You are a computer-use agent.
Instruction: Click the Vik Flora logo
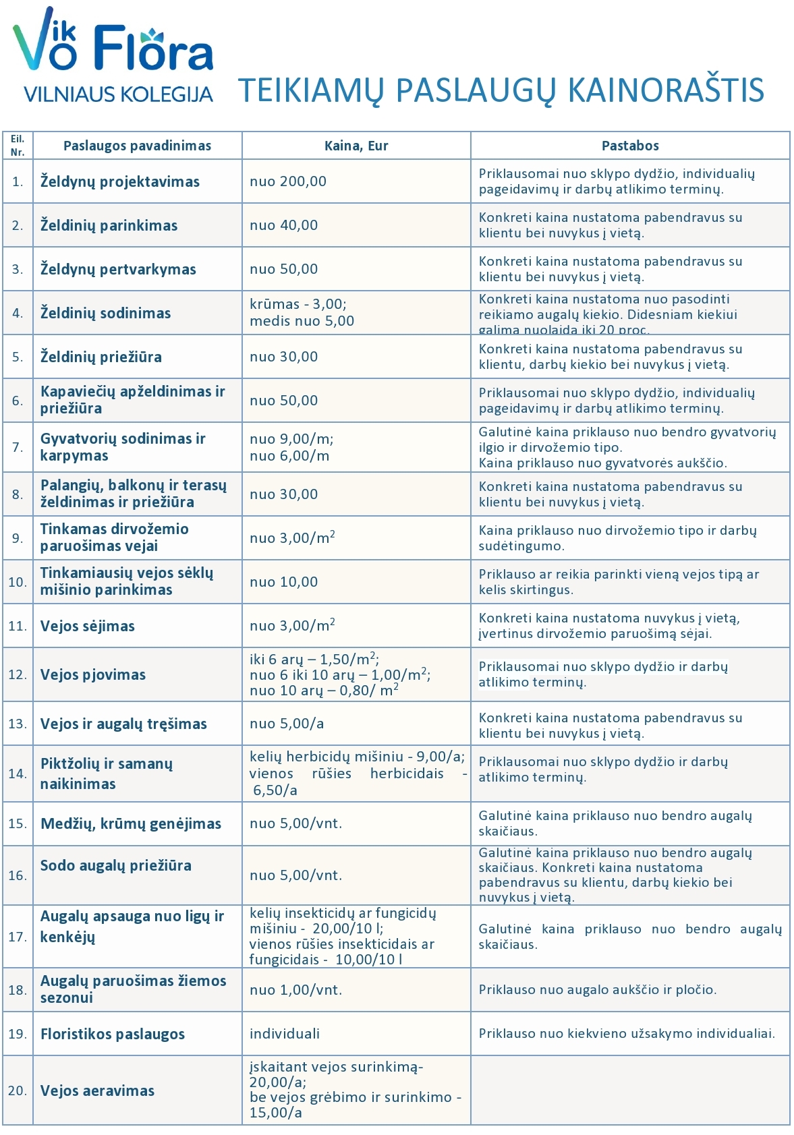tap(113, 42)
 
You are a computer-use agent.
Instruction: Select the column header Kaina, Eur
tap(356, 146)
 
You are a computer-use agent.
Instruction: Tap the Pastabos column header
tap(630, 146)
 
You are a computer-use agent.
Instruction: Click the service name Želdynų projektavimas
tap(120, 181)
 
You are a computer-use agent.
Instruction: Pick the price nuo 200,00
tap(288, 181)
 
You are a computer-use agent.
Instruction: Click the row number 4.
tap(18, 313)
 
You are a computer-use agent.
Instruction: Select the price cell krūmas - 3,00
tap(298, 304)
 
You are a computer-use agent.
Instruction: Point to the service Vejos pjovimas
tap(93, 674)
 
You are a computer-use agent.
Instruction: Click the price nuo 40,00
tap(283, 225)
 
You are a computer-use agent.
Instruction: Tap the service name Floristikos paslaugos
tap(113, 1034)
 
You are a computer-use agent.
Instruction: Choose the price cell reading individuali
tap(285, 1034)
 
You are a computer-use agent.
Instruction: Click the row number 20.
tap(18, 1090)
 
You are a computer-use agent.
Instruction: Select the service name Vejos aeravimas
tap(98, 1090)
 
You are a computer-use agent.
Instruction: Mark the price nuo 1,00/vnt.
tap(296, 990)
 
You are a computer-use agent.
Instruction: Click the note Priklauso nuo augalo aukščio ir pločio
tap(598, 990)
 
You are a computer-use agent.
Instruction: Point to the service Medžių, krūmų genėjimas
tap(131, 823)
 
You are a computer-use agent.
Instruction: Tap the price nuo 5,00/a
tap(287, 724)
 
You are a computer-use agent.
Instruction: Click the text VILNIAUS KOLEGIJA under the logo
tap(118, 94)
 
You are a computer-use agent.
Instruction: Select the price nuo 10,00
tap(283, 582)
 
